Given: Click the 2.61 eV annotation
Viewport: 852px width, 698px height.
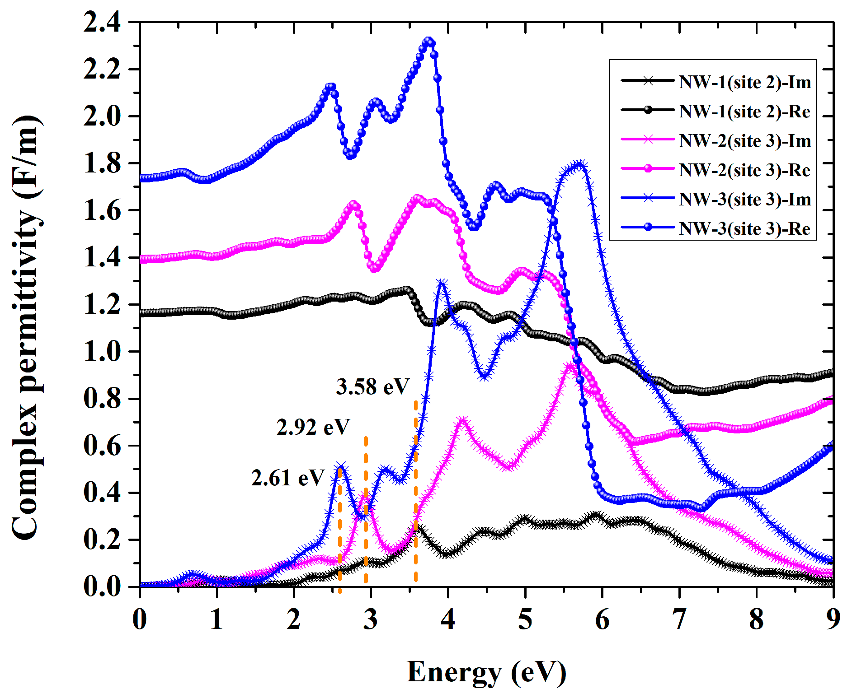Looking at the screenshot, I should tap(288, 478).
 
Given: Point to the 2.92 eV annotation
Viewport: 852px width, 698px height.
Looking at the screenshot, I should tap(313, 427).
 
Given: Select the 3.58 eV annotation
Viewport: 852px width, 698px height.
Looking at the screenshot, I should tap(372, 386).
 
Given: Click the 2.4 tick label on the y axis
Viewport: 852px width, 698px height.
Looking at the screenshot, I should tap(102, 22).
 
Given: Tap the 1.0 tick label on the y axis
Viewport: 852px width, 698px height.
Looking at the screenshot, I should tap(102, 351).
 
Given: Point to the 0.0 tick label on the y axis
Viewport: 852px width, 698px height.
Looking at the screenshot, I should tap(102, 586).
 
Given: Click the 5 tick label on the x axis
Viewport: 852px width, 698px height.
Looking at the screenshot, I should tap(525, 619).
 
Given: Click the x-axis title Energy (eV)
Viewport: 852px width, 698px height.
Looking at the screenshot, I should tap(486, 672).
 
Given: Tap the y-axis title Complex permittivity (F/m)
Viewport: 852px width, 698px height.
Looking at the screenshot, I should tap(26, 327).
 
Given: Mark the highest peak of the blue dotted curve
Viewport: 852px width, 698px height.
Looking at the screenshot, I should tap(429, 41).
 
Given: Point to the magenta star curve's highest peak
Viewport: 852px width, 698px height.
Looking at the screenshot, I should tap(570, 366).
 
